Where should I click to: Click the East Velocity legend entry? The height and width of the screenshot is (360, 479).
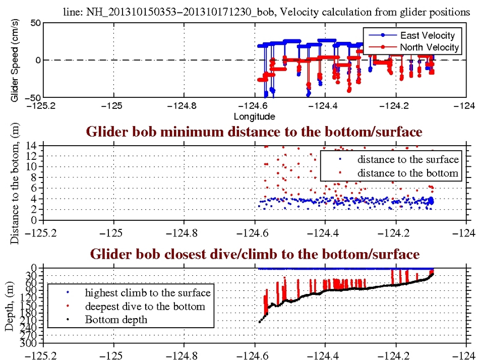pos(427,35)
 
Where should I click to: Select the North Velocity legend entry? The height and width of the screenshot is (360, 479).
pos(429,47)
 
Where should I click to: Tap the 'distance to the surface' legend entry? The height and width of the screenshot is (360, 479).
pos(408,160)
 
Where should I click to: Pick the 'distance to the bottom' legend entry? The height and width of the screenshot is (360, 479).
pos(407,173)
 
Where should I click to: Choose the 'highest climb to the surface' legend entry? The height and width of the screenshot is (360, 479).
pos(147,292)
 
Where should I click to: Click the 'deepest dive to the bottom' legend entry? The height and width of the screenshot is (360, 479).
pos(145,306)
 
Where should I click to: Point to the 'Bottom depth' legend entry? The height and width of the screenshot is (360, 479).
pos(116,319)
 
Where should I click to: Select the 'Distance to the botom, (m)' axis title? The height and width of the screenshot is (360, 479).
pos(14,185)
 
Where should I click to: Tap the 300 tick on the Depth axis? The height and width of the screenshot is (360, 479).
pos(30,344)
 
